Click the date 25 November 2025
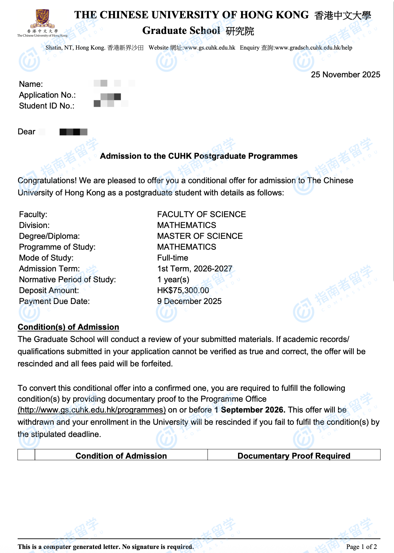pos(345,75)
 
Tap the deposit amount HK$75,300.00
pos(183,290)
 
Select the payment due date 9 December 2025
pos(189,301)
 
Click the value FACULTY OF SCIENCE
pos(201,214)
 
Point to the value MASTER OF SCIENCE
pos(200,236)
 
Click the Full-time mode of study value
pos(173,258)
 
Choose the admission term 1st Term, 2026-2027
pos(195,269)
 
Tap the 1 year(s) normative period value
pos(173,280)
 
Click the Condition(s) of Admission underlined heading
pos(68,327)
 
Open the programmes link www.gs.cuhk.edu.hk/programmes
pos(92,410)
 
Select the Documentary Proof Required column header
pos(294,456)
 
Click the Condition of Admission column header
pos(121,456)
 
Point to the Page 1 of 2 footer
pos(361,547)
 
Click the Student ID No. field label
pos(46,106)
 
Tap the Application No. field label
pos(47,95)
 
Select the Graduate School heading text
pos(181,31)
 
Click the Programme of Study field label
pos(57,247)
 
